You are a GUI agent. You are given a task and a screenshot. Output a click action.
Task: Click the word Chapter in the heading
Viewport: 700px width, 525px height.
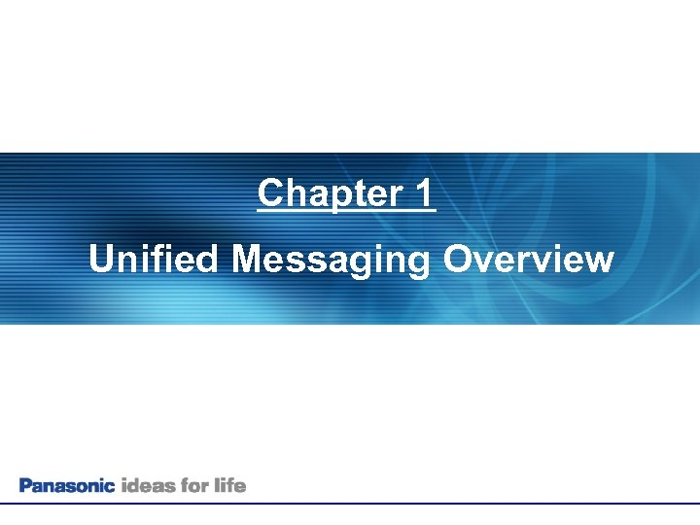[x=323, y=193]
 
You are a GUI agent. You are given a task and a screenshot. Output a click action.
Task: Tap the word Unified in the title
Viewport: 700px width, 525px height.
[x=156, y=260]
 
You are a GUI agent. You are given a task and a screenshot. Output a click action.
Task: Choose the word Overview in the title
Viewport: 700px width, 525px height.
[x=528, y=260]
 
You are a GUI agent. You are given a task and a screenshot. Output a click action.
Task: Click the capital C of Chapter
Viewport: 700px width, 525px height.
[x=270, y=193]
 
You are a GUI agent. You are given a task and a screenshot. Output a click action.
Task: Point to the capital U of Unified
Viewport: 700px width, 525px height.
[x=100, y=260]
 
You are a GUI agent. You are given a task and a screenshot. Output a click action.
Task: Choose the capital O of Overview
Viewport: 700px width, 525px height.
[x=457, y=260]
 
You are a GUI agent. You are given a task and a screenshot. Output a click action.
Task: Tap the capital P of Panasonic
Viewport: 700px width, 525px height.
[x=25, y=485]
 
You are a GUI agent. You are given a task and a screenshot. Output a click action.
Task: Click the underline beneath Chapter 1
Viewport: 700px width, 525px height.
[x=347, y=211]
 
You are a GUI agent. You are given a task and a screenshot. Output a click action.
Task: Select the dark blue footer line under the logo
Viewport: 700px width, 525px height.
[x=350, y=504]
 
